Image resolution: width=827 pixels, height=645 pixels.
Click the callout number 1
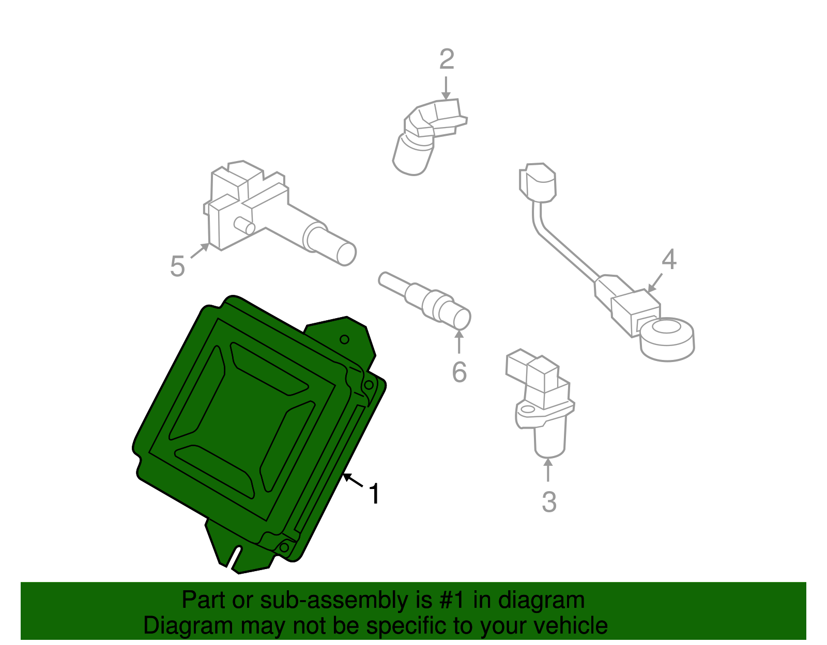375,494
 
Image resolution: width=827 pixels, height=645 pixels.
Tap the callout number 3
549,502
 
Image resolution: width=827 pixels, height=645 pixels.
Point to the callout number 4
669,259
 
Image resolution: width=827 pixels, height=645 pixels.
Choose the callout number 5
177,266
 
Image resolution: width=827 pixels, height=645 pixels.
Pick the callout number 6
459,372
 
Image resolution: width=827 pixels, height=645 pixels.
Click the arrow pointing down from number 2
446,88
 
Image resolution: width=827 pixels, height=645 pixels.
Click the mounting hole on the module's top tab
344,339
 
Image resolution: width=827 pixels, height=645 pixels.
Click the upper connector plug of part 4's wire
538,183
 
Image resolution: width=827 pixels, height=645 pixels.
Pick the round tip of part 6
462,318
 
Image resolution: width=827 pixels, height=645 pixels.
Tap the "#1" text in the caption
453,600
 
